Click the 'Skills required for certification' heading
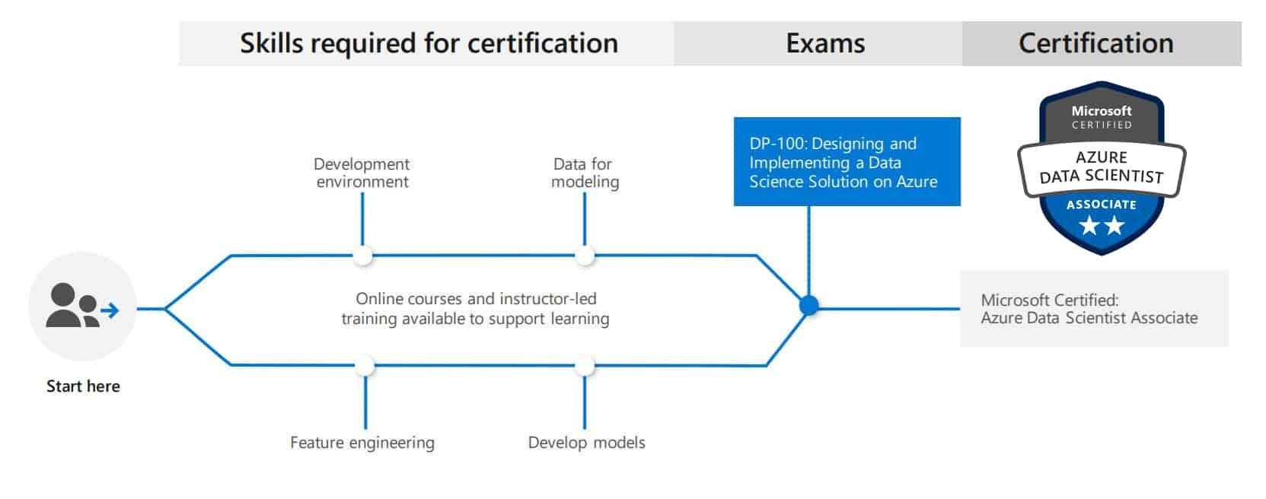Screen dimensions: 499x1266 (429, 43)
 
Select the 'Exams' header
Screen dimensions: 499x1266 (825, 43)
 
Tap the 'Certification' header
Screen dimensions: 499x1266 (1095, 43)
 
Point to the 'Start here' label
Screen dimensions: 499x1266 (83, 386)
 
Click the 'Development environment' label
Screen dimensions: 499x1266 (362, 173)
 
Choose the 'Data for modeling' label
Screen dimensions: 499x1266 (585, 173)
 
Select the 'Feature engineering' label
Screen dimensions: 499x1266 (362, 443)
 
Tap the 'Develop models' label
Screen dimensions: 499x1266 (586, 443)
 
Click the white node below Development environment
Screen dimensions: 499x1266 (363, 256)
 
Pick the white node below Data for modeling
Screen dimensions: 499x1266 (585, 256)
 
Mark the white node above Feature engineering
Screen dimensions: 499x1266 (365, 366)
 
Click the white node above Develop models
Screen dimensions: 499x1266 (585, 366)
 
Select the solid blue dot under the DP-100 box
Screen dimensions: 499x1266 (808, 306)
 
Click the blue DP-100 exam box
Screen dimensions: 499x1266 (847, 161)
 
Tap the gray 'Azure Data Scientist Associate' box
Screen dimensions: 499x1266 (1093, 309)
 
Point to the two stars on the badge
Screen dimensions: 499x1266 (1101, 225)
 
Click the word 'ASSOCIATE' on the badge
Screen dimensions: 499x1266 (1101, 205)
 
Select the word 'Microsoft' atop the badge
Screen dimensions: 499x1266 (1102, 111)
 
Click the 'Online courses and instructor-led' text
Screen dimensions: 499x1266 (476, 299)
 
